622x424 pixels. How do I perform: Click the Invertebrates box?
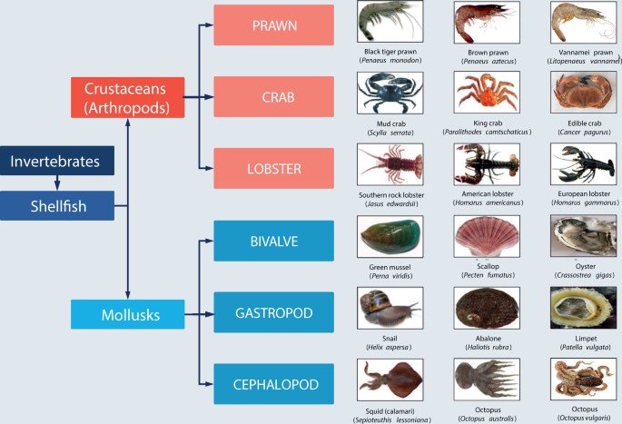point(56,162)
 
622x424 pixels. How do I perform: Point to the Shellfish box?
point(56,206)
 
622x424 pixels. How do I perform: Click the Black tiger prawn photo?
point(390,22)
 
